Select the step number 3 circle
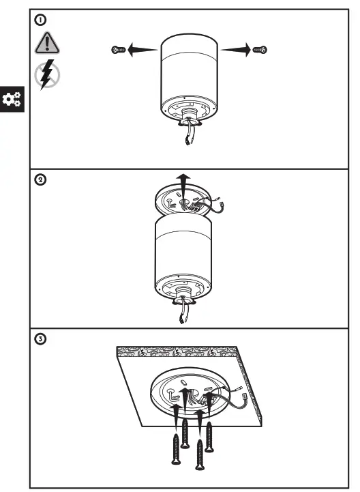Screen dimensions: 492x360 coord(42,339)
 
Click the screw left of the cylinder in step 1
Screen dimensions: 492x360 coord(118,49)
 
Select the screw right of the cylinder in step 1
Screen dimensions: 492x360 coord(260,49)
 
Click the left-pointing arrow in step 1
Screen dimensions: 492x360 coord(143,49)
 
